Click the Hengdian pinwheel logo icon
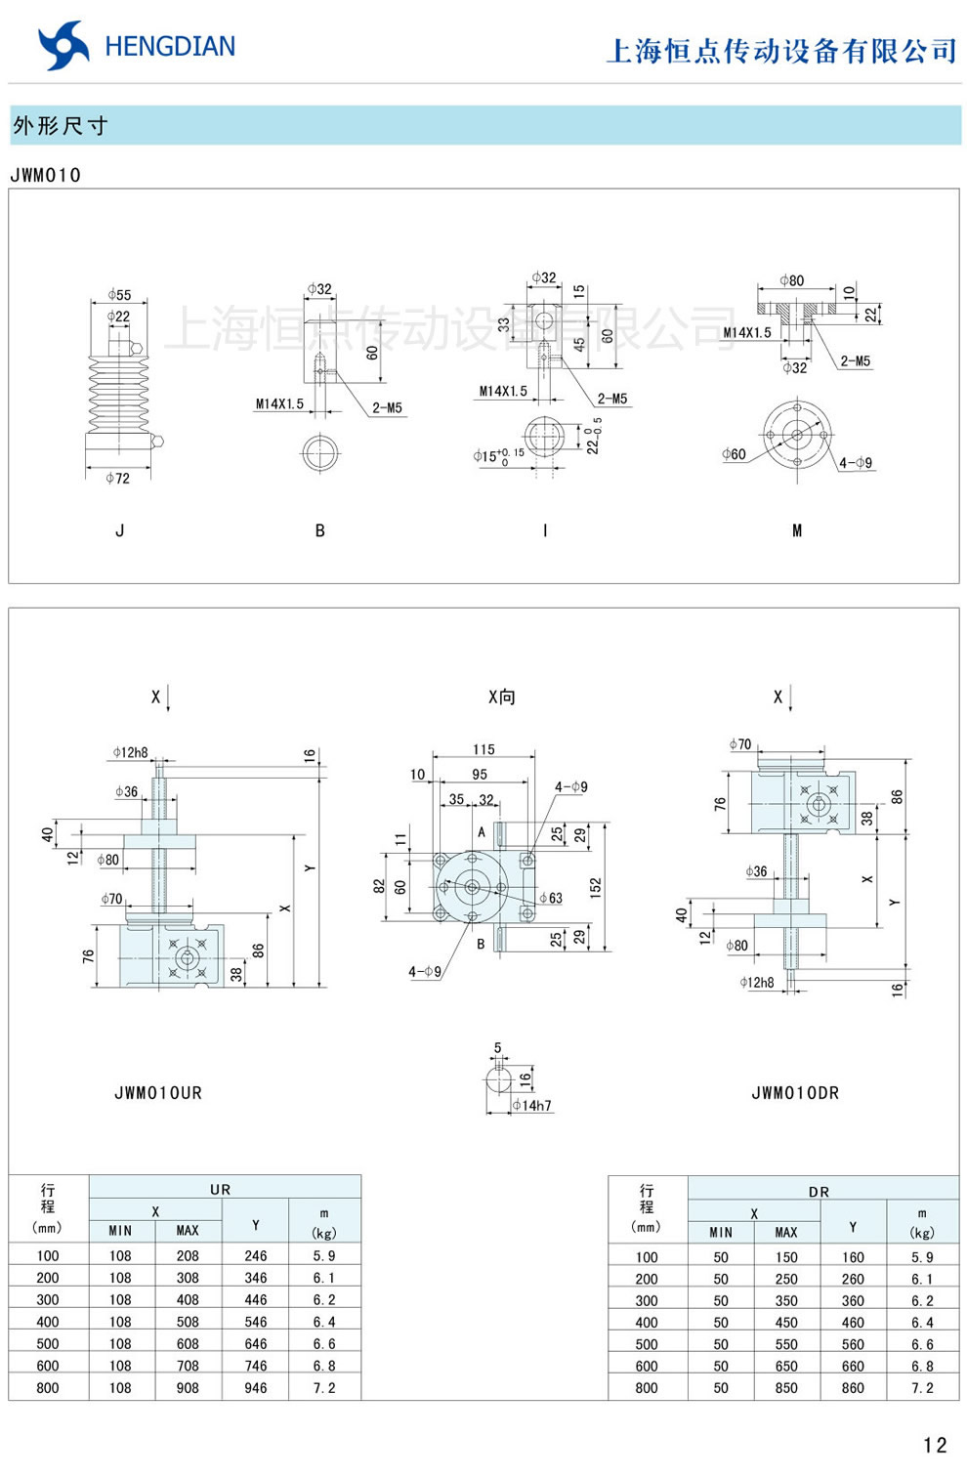63,46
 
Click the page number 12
934,1445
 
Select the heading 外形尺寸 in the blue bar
61,126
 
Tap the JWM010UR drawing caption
158,1093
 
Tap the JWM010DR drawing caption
795,1093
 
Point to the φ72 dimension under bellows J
117,478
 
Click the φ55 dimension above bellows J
119,294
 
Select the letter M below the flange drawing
797,530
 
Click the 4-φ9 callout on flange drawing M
856,462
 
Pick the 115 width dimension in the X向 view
483,749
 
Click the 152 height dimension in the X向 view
595,887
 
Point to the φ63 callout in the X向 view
551,898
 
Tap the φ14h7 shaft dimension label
532,1105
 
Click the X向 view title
501,697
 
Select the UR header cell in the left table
221,1189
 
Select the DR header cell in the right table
819,1191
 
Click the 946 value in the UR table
256,1387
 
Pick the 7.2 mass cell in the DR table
922,1387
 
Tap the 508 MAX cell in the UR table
188,1322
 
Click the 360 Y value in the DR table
853,1300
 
